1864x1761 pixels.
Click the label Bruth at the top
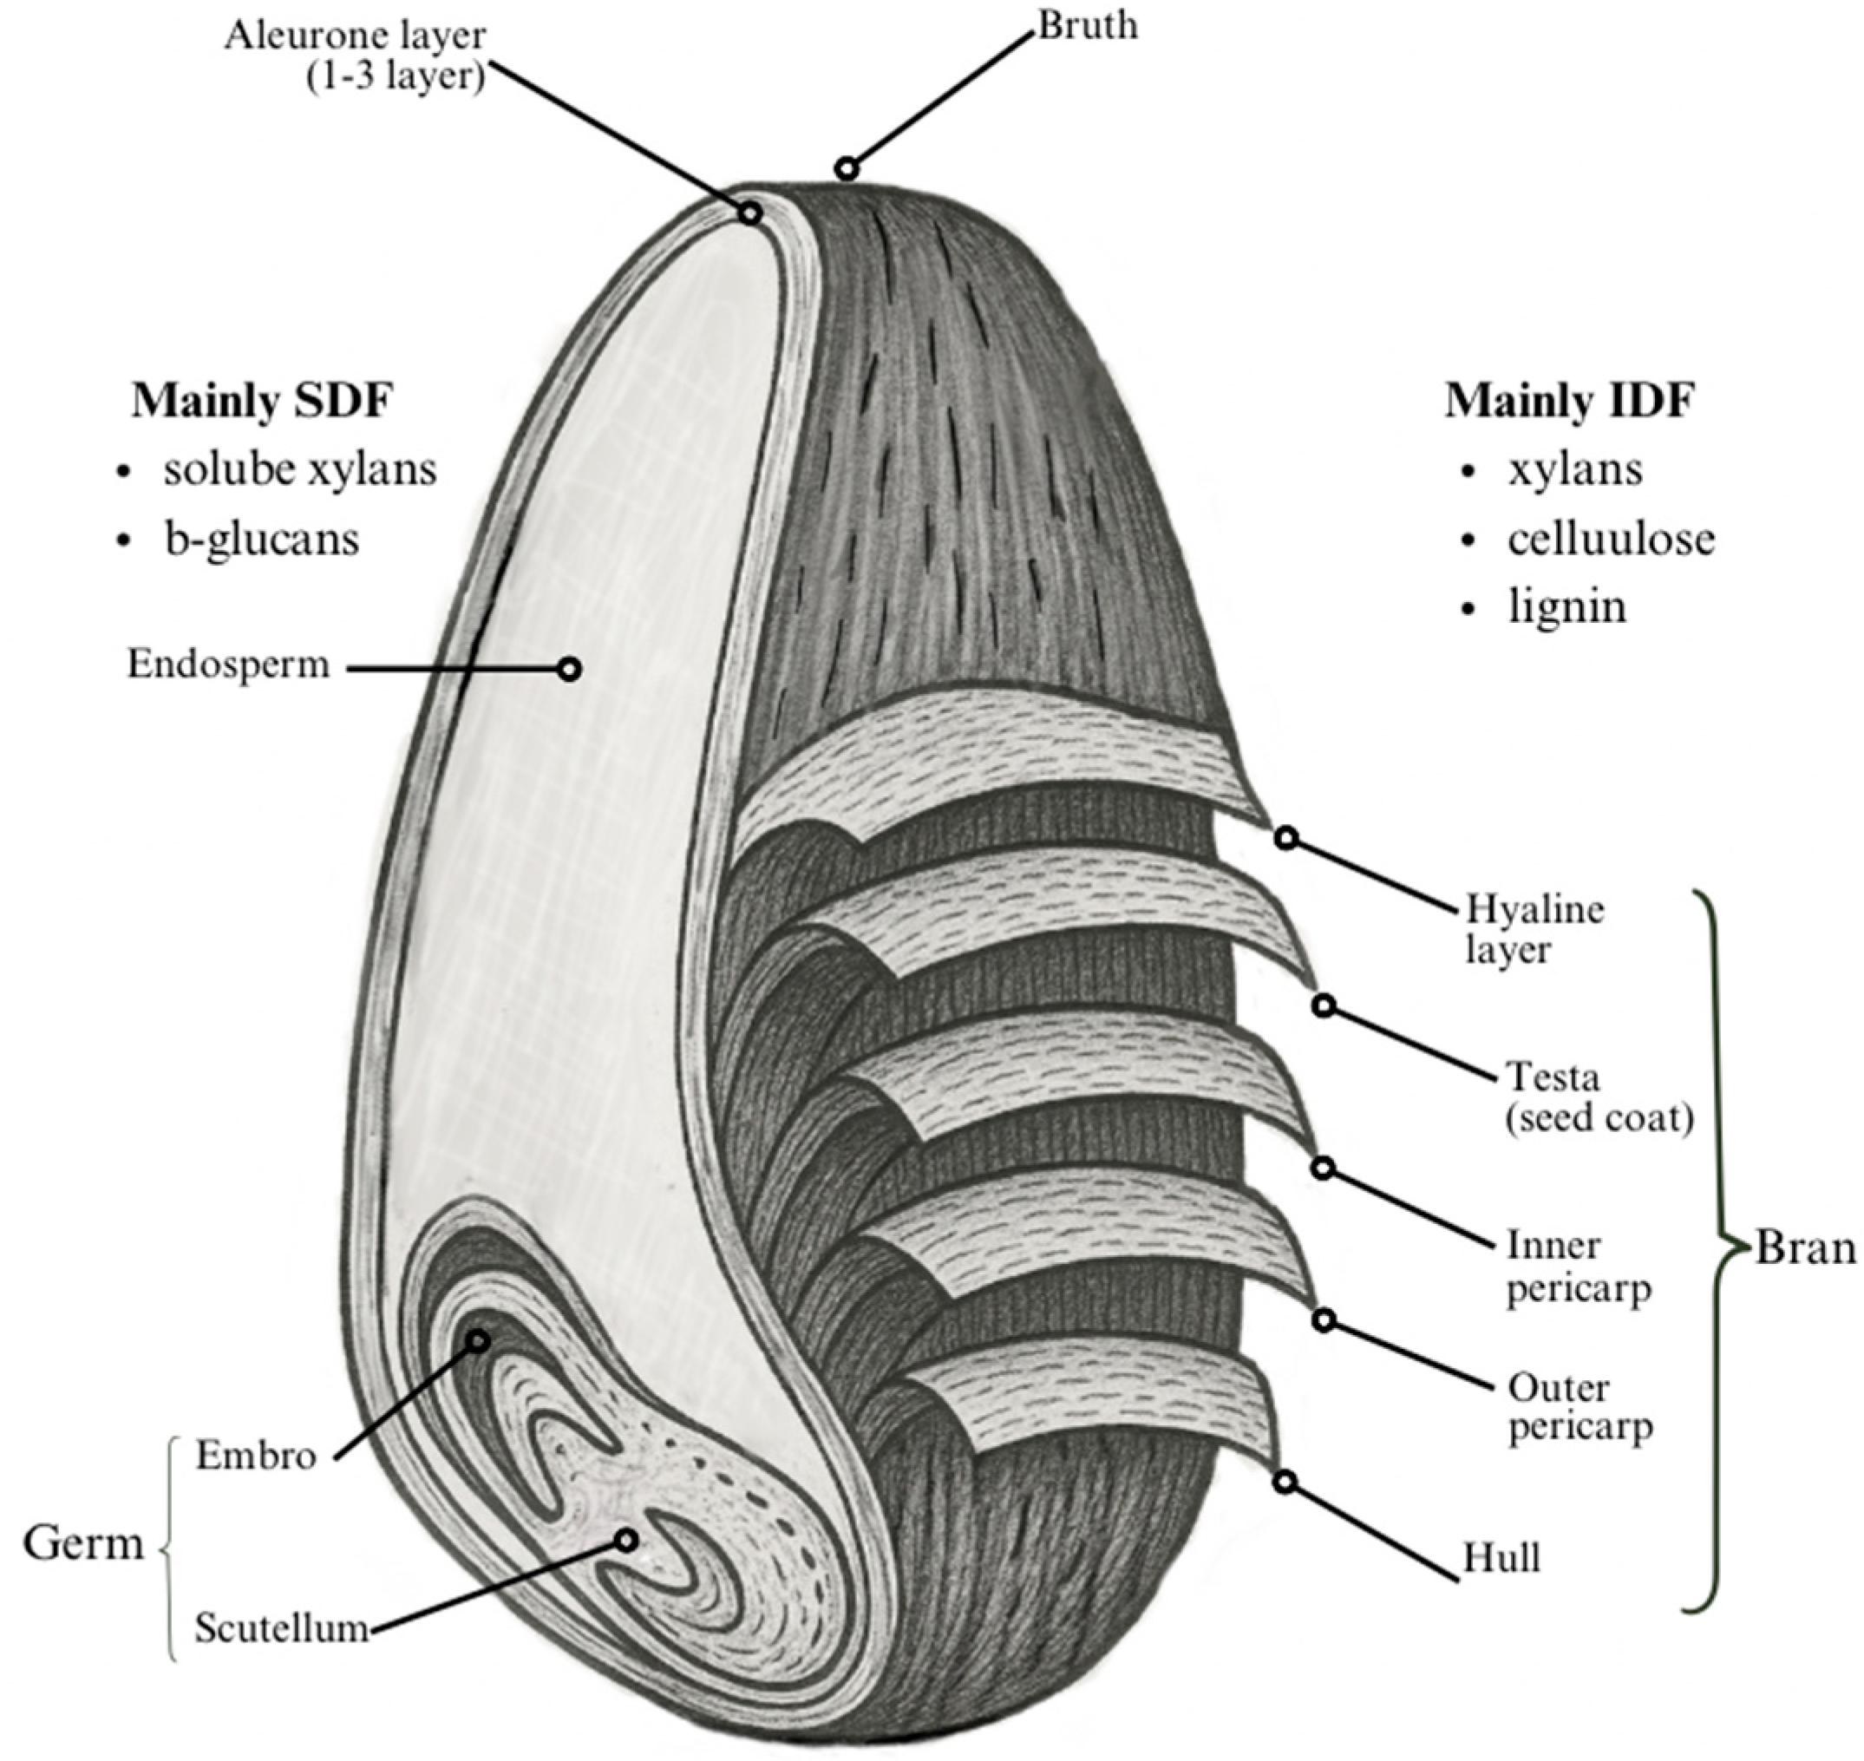[1087, 25]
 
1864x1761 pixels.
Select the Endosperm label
[228, 664]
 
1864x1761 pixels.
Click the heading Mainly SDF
[261, 401]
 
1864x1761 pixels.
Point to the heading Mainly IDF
[1569, 401]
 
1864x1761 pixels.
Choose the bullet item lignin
[1566, 606]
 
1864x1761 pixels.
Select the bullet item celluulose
[1611, 539]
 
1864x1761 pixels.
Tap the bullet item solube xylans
[298, 469]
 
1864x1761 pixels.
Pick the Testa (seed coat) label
[1599, 1097]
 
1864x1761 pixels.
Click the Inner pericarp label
[1578, 1267]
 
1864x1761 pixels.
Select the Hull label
[1501, 1558]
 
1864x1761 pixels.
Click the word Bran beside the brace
[1804, 1248]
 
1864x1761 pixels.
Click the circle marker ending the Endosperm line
[569, 670]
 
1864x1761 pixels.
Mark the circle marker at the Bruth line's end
[847, 169]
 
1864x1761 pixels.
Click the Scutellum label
[282, 1627]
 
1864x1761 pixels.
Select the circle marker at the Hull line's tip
[1285, 1483]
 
